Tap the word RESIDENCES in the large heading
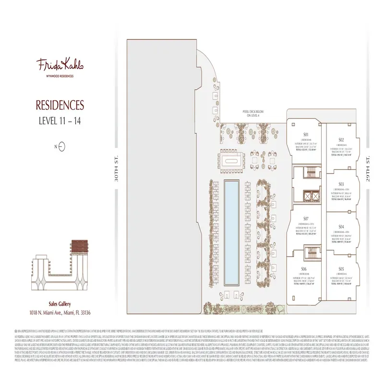click(x=60, y=105)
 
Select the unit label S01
click(x=305, y=134)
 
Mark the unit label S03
click(x=341, y=184)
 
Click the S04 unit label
click(x=341, y=226)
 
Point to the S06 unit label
click(x=304, y=268)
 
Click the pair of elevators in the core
click(x=308, y=197)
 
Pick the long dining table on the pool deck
click(x=231, y=158)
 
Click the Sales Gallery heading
click(x=60, y=304)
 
